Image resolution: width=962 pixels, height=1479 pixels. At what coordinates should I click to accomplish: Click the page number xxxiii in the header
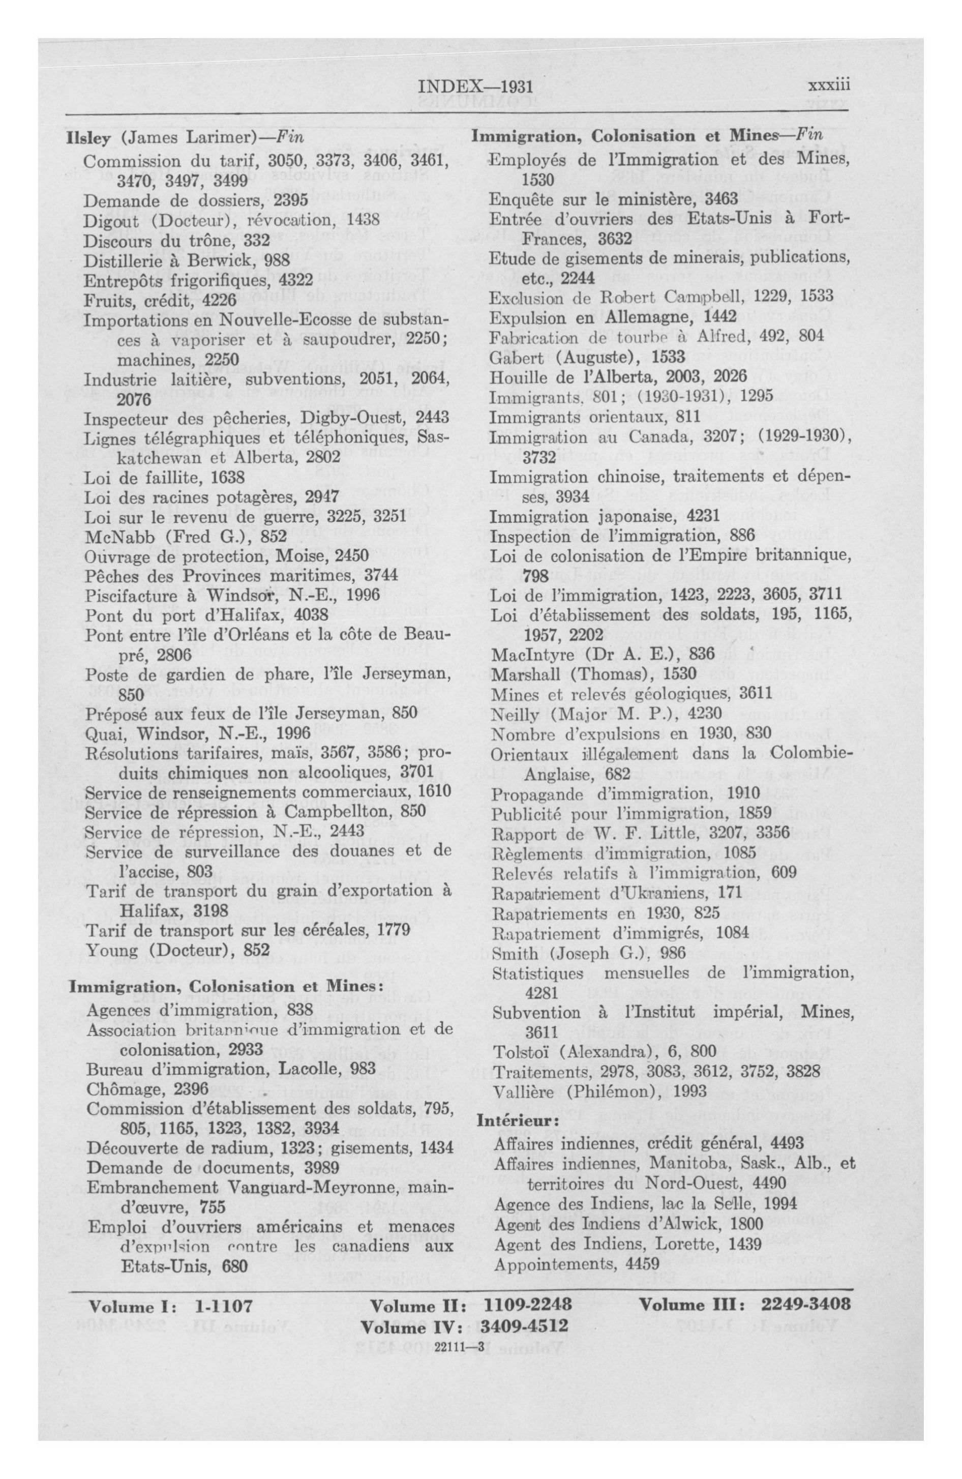pyautogui.click(x=828, y=86)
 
